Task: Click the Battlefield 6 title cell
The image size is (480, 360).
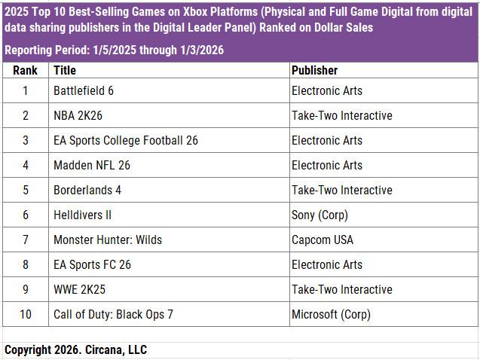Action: point(84,91)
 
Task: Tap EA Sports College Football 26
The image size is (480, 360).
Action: point(126,141)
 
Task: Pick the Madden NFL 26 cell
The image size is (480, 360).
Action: point(92,166)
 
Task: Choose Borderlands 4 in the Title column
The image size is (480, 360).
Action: point(87,191)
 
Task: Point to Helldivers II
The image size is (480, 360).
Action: point(82,215)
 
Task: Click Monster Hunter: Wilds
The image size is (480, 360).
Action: point(108,240)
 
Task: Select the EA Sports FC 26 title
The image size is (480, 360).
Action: point(92,265)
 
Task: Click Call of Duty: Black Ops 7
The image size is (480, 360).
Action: point(113,315)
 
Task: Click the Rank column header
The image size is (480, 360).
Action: point(25,70)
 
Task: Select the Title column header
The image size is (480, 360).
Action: point(65,70)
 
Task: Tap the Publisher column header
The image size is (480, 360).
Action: point(314,70)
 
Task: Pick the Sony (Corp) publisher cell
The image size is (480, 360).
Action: point(319,215)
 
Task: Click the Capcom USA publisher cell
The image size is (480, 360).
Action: point(322,240)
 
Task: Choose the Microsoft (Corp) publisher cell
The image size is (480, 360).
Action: point(331,315)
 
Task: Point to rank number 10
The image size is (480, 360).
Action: point(25,315)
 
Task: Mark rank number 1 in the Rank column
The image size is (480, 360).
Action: point(25,91)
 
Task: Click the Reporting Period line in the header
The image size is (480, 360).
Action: point(113,50)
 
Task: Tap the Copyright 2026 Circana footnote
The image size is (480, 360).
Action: point(75,350)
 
